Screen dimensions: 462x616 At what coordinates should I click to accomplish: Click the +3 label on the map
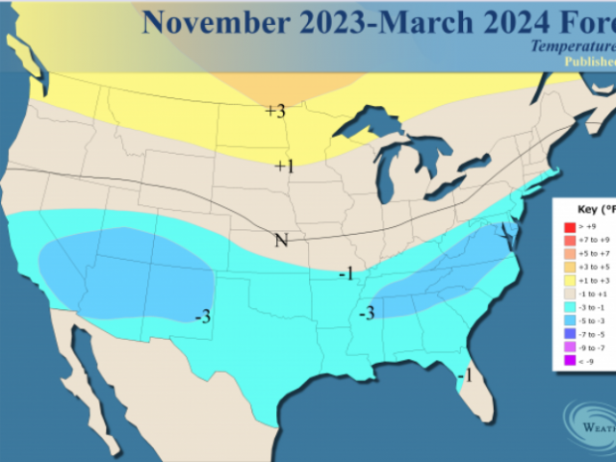click(275, 111)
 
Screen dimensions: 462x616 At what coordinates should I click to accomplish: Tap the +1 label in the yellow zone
click(283, 167)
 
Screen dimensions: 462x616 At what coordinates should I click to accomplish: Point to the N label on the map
click(281, 240)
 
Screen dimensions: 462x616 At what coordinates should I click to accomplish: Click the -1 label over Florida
click(463, 374)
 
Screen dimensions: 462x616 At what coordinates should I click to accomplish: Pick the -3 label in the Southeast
click(367, 313)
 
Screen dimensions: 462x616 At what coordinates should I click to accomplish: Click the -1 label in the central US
click(346, 274)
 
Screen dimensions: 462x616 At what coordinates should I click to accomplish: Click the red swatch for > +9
click(559, 227)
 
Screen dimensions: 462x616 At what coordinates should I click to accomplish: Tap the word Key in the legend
click(586, 208)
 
